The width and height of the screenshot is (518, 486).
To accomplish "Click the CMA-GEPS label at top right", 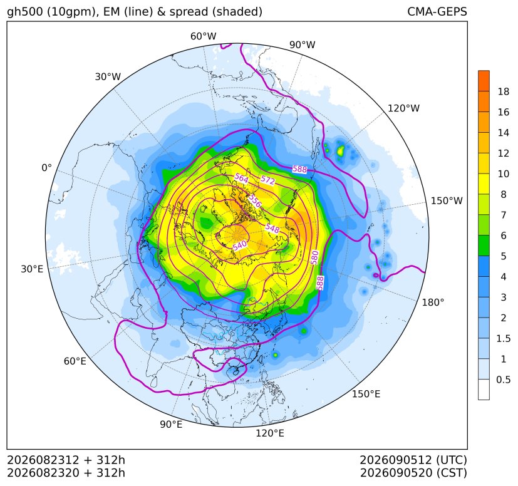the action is (x=437, y=11).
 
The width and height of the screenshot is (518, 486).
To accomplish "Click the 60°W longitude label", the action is (x=203, y=36).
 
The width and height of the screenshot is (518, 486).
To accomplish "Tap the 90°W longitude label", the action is (x=303, y=44).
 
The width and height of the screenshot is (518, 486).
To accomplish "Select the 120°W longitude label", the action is (x=403, y=108).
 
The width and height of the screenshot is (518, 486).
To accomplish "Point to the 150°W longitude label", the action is (x=447, y=200).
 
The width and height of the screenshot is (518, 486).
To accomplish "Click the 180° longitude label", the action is (x=433, y=302).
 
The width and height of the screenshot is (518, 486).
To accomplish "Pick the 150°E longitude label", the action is (x=366, y=394).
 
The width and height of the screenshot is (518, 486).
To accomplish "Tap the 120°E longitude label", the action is (x=270, y=433).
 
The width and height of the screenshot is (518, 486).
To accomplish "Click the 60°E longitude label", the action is (x=75, y=361).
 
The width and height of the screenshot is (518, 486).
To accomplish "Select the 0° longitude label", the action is (x=46, y=168).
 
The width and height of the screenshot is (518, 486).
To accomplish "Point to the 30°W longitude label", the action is (x=108, y=76).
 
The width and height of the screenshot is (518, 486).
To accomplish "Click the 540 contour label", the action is (x=240, y=246).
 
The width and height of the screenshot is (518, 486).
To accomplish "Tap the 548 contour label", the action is (x=272, y=227).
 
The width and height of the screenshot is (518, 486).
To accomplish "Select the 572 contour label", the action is (x=267, y=180).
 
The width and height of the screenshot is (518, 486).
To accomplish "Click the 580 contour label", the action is (x=314, y=257).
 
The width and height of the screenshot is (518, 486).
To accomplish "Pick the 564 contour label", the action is (x=242, y=178).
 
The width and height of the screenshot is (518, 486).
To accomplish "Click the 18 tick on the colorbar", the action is (x=504, y=91).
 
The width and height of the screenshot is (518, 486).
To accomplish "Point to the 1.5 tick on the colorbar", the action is (x=504, y=338).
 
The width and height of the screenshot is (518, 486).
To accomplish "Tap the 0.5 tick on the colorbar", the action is (x=504, y=380).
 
